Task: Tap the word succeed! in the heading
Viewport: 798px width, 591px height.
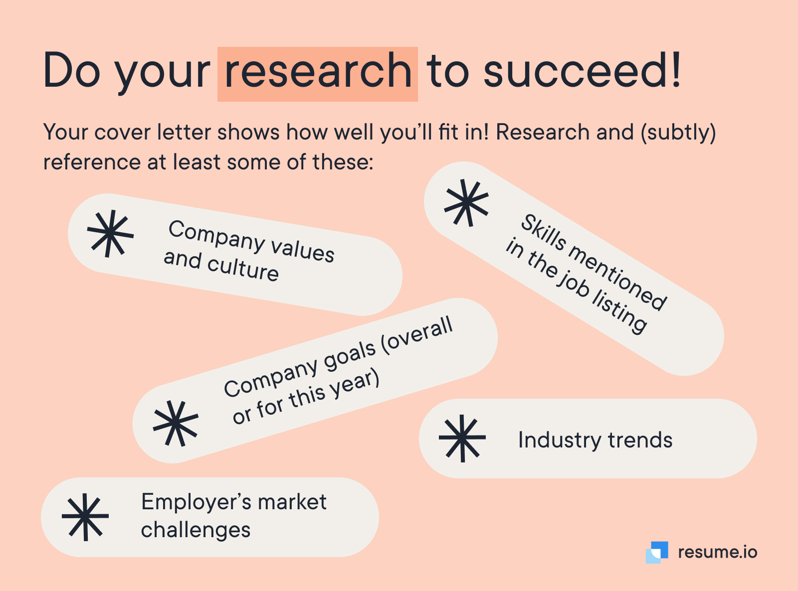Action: [582, 69]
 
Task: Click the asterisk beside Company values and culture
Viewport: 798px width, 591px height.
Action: [110, 234]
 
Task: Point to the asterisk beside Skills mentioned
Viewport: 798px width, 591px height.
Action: [466, 203]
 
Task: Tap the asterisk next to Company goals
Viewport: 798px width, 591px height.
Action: [176, 424]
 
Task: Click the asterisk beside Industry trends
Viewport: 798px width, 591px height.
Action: [462, 438]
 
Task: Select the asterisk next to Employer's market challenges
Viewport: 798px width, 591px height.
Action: [85, 517]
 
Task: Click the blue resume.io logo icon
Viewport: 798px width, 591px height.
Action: [657, 552]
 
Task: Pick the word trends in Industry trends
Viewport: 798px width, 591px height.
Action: [640, 440]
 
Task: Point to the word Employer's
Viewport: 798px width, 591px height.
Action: [195, 503]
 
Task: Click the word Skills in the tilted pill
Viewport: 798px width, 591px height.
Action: [543, 233]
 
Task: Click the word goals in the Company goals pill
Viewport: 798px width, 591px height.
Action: [350, 357]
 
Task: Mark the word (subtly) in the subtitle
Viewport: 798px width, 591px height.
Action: [678, 133]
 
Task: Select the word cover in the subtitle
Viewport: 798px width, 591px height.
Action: [123, 133]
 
